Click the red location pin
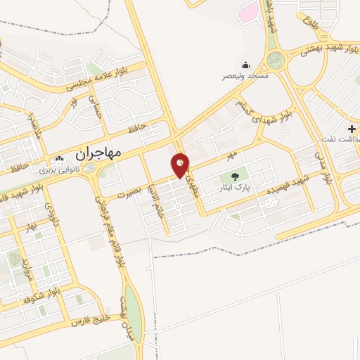pos(181,165)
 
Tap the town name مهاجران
pos(98,152)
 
